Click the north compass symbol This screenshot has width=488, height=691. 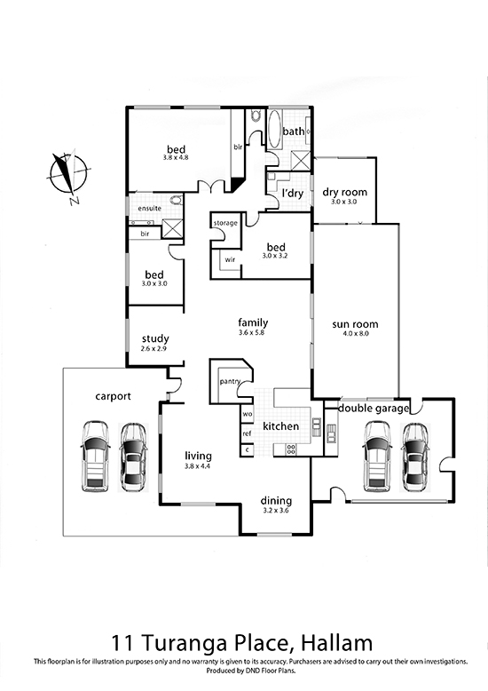point(68,175)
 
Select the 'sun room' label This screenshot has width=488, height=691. point(355,324)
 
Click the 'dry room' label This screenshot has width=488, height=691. point(344,192)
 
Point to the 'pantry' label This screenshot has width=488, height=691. point(230,382)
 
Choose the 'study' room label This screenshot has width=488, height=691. point(155,339)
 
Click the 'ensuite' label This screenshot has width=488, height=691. point(150,208)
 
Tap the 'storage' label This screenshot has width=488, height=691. point(225,224)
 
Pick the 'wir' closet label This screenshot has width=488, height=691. point(230,260)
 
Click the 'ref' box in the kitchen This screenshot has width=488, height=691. point(247,433)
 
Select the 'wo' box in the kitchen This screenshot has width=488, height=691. point(247,414)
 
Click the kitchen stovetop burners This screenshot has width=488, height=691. point(292,449)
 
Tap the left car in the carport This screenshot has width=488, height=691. point(95,457)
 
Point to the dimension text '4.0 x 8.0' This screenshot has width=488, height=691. point(356,334)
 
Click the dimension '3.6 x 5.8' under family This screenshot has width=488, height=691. point(251,333)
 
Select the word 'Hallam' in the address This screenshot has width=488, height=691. point(336,643)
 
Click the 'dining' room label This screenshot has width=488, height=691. point(276,501)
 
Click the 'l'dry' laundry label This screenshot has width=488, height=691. point(293,194)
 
